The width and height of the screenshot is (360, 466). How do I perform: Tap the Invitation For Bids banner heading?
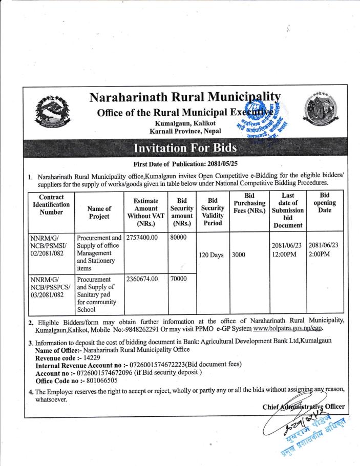185,150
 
